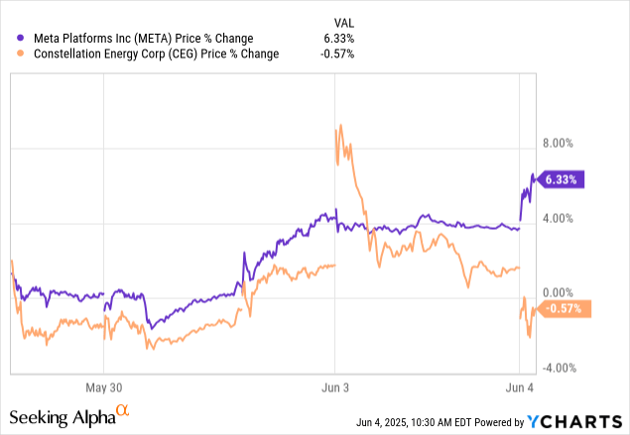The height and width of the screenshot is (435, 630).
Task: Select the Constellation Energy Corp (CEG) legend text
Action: [149, 54]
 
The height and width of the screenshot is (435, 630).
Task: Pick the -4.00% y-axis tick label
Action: [557, 369]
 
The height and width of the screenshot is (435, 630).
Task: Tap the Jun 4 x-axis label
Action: [521, 387]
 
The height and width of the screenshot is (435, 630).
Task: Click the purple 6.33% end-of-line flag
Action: [564, 179]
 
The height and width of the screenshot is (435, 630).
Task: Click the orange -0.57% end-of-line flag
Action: [564, 309]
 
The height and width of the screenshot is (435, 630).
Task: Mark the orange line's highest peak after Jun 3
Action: [340, 126]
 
